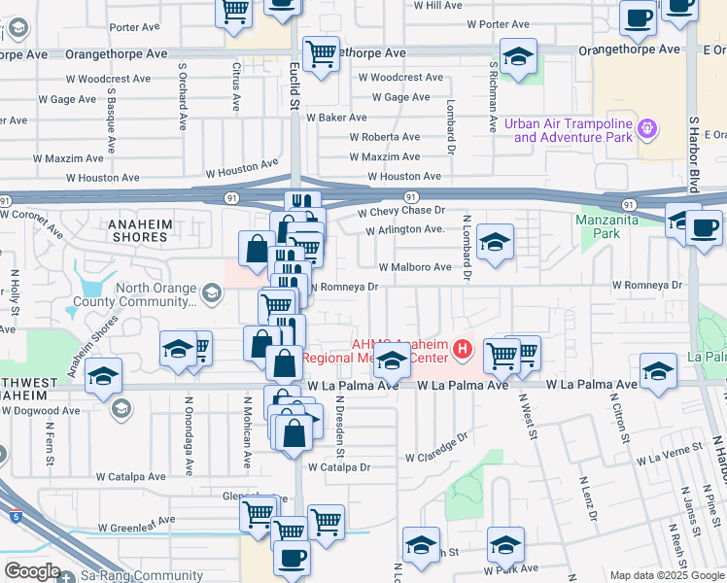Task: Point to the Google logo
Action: click(32, 571)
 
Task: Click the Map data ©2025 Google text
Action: click(666, 575)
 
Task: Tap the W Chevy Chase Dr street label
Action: click(400, 211)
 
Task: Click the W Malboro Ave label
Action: click(415, 267)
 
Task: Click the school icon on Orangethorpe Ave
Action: click(518, 56)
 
